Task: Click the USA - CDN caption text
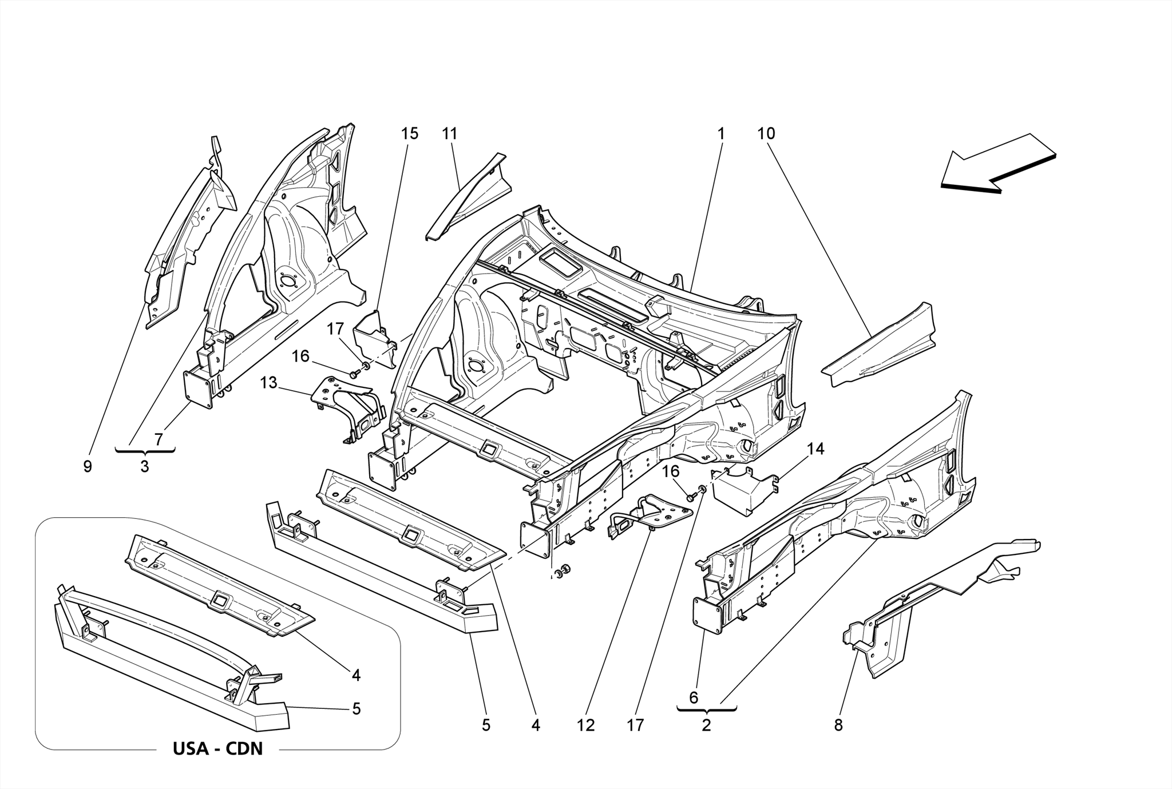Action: (x=217, y=748)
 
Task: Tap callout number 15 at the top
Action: (x=409, y=134)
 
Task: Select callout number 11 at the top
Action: (x=450, y=134)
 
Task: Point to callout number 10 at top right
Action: (x=766, y=134)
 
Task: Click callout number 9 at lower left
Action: (x=88, y=467)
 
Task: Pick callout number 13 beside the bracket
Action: (x=268, y=383)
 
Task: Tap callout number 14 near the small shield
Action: (x=815, y=449)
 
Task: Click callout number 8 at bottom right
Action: (x=838, y=725)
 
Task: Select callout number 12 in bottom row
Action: (x=586, y=725)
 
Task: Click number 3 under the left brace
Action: (x=145, y=467)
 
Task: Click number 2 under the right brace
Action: (x=706, y=725)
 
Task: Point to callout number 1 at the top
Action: (x=721, y=134)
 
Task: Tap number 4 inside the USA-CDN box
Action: (x=356, y=676)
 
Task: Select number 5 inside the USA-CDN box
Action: (x=356, y=709)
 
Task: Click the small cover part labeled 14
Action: (x=744, y=492)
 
